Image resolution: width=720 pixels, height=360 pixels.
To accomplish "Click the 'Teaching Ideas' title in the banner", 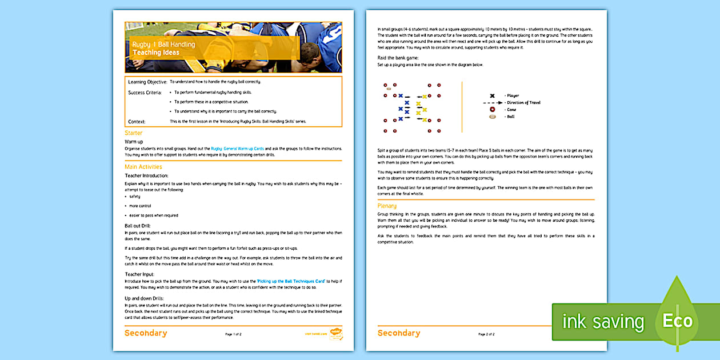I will click(156, 53).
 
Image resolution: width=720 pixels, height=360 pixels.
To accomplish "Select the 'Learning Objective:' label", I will click(147, 82).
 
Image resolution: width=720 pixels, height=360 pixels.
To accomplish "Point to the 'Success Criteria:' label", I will click(145, 93).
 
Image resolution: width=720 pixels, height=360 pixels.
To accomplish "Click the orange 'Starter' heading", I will click(134, 133).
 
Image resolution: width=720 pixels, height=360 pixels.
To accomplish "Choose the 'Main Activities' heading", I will click(143, 167).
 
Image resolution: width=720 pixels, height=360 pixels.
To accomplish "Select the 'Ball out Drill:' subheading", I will click(137, 226).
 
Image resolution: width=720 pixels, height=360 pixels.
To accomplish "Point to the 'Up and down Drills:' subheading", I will click(144, 298).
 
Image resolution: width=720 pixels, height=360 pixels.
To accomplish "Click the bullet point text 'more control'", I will click(140, 206).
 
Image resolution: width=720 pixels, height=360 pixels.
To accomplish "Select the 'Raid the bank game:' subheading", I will click(398, 58).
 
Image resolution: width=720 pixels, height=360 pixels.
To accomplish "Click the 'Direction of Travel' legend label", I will click(523, 103).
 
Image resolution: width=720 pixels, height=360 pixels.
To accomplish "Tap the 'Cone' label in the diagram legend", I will click(511, 110).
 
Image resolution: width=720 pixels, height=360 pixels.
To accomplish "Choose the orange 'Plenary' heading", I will click(387, 206).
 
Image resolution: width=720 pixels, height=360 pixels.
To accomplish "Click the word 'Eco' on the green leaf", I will click(677, 321).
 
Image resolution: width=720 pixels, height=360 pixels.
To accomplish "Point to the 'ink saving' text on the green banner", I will click(603, 322).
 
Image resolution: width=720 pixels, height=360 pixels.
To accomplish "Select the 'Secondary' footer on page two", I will click(398, 333).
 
